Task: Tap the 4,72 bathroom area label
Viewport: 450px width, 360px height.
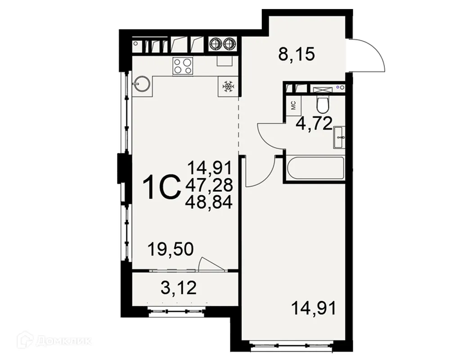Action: click(314, 122)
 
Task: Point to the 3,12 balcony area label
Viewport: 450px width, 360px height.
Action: click(179, 287)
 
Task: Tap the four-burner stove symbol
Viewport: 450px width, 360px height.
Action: click(183, 66)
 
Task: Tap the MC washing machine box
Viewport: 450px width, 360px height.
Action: click(293, 106)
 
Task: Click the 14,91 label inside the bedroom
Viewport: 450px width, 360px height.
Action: click(313, 309)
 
